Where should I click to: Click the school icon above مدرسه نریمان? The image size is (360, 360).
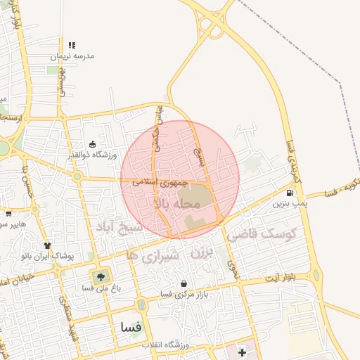(72, 45)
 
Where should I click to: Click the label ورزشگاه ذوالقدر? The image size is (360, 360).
(94, 155)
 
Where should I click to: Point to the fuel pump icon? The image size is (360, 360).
(290, 193)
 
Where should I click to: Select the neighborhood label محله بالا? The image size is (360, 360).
(176, 203)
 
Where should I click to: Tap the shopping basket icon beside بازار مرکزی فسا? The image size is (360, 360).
(184, 284)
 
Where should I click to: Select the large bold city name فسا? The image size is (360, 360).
(131, 327)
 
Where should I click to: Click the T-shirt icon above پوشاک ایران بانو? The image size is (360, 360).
(47, 245)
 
